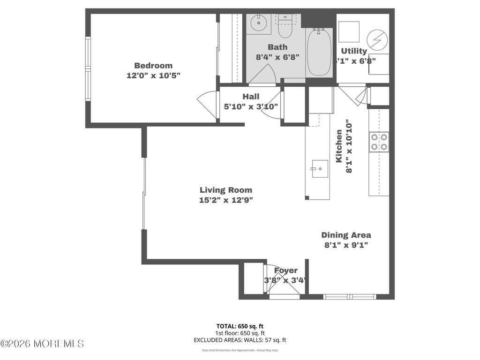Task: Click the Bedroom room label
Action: pos(153,66)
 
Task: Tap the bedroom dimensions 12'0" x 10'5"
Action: pos(153,75)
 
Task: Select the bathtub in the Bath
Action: pos(319,52)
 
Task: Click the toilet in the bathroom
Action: pos(284,29)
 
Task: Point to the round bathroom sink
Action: pos(258,22)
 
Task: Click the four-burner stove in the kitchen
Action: pos(379,142)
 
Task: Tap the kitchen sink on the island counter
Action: pos(320,168)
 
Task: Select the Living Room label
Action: pos(225,190)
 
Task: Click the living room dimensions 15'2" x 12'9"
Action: pos(225,200)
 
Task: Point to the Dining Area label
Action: pos(346,235)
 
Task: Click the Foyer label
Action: pos(285,270)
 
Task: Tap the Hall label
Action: pos(251,97)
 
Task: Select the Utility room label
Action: pos(354,51)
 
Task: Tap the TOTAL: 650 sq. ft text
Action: pos(240,326)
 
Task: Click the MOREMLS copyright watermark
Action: pos(42,344)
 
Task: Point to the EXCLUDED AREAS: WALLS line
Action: pos(240,340)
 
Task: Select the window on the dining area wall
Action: pos(350,296)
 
